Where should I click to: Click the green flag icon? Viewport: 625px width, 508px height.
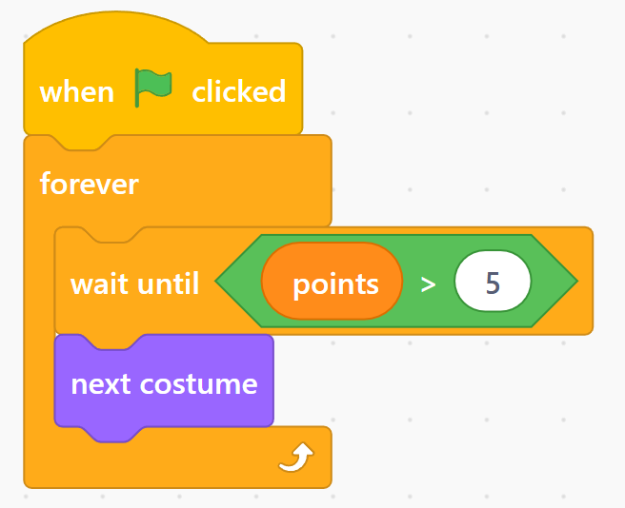[x=153, y=88]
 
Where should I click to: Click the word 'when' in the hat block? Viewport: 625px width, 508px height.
[x=77, y=92]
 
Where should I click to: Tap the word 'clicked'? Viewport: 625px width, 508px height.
[x=239, y=91]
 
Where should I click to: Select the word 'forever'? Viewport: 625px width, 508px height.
[x=90, y=184]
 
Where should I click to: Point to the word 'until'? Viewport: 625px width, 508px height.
[x=169, y=283]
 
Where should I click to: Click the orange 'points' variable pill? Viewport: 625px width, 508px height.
[x=332, y=281]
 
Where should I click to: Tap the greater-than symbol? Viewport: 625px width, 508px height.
[x=428, y=284]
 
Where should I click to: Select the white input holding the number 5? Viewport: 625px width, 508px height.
[x=493, y=281]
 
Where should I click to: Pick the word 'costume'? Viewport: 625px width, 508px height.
[x=198, y=384]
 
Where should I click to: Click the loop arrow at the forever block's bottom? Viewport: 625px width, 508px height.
[x=296, y=457]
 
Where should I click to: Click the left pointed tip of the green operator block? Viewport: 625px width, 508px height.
[x=215, y=281]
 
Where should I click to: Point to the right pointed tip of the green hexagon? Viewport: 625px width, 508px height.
[x=577, y=281]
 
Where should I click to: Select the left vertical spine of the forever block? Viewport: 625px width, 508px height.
[x=39, y=326]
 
